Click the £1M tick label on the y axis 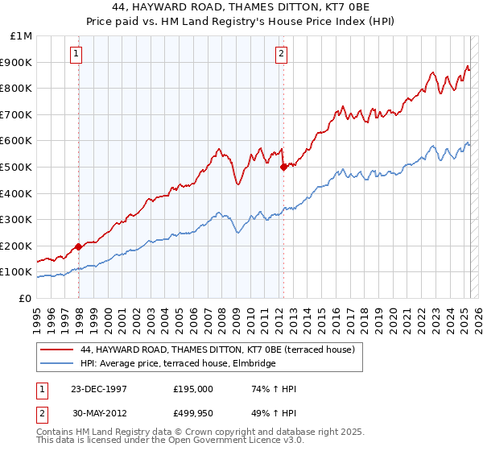coord(22,36)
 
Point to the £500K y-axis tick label coord(18,167)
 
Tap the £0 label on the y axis coord(26,298)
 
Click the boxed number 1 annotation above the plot coord(76,55)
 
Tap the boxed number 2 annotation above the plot coord(281,55)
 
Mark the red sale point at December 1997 coord(79,246)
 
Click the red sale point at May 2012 coord(283,168)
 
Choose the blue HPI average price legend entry coord(178,364)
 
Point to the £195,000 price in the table coord(193,389)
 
